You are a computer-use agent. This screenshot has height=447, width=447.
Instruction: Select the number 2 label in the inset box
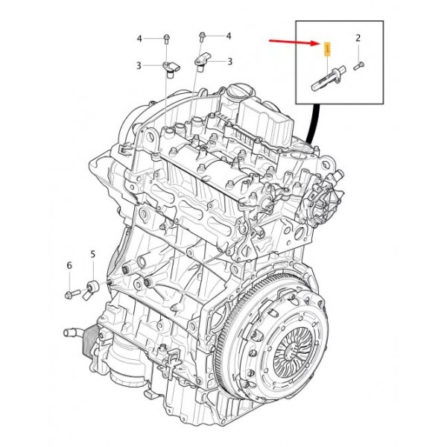coord(358,37)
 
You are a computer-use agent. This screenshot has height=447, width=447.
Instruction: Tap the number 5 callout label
coord(93,255)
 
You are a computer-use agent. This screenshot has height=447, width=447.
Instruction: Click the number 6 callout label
coord(69,265)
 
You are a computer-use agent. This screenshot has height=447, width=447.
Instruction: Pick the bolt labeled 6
coord(72,292)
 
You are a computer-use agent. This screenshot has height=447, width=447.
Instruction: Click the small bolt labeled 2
coord(358,66)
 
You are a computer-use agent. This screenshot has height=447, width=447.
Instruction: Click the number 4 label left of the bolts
coord(139,37)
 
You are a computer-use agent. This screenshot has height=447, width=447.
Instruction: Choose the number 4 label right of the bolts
coord(229,36)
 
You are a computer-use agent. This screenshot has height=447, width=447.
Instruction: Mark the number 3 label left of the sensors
coord(139,66)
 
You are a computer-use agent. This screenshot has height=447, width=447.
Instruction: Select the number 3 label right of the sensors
coord(229,61)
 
